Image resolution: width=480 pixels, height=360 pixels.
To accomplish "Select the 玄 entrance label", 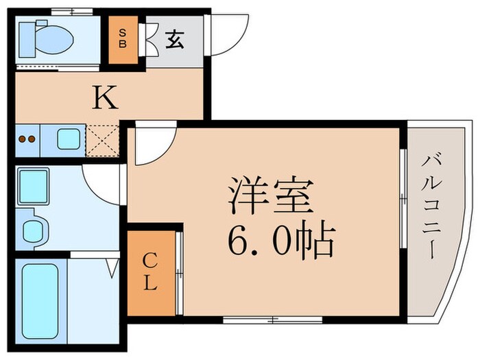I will (x=173, y=40).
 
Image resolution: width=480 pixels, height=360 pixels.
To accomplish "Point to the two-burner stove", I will (x=26, y=140).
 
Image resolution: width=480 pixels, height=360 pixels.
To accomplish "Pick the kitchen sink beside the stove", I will (x=67, y=140).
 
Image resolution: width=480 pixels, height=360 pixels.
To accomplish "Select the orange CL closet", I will (x=151, y=272).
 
